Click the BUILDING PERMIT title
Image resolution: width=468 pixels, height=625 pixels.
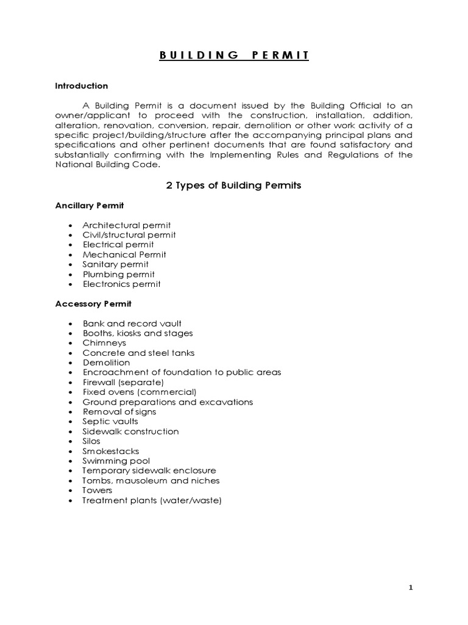click(234, 56)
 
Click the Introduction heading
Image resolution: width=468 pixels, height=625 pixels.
click(82, 86)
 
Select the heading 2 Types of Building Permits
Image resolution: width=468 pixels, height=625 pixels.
click(234, 186)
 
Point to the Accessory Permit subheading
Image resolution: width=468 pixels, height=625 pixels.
click(93, 303)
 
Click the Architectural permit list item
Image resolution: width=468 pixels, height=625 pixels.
click(127, 225)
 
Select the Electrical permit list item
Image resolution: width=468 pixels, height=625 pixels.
click(118, 245)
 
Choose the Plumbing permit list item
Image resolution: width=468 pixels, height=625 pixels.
click(119, 274)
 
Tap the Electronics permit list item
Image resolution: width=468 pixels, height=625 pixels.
click(122, 284)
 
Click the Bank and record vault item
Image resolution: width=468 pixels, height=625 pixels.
click(132, 323)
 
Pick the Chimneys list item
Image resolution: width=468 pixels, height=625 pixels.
click(104, 343)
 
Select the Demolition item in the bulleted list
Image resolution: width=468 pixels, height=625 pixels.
click(107, 363)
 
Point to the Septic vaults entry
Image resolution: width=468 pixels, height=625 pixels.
click(110, 421)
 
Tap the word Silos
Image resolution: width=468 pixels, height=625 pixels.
click(92, 441)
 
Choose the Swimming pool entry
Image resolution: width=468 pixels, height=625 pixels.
click(116, 461)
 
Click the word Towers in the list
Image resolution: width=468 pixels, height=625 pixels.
click(97, 490)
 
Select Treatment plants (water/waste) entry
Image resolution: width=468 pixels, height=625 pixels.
click(152, 500)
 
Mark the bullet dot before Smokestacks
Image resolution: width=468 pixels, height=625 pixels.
click(71, 452)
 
